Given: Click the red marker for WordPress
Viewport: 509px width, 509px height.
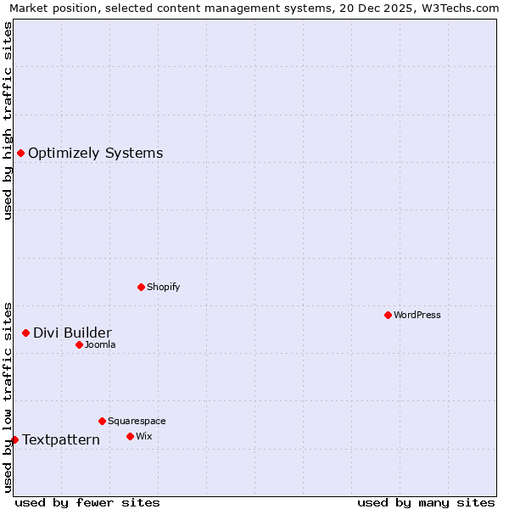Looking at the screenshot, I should [x=388, y=315].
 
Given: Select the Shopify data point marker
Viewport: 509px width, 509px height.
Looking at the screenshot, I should [x=141, y=287].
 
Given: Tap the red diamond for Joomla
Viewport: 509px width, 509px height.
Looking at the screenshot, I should [x=79, y=344].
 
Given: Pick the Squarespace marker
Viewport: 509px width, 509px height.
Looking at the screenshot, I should [x=102, y=421].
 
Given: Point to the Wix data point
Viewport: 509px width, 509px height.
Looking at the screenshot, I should [x=130, y=436].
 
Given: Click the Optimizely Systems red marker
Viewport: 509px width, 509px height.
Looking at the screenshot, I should [x=20, y=153].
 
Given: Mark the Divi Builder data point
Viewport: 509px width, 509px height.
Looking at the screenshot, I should [x=25, y=333].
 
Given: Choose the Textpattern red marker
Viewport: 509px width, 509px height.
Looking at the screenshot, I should [x=14, y=439].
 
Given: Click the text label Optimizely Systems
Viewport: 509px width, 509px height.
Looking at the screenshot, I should [x=95, y=154].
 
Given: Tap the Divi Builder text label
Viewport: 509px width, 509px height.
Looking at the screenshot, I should [x=72, y=333].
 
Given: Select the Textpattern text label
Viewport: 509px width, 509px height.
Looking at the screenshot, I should [x=61, y=439].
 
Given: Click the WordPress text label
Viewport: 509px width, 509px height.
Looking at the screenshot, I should [x=417, y=315].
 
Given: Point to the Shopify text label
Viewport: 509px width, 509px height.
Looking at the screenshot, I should [x=163, y=287].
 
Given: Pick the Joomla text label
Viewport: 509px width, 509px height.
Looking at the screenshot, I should [x=100, y=344].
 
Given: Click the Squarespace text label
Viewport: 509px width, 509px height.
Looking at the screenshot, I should [x=137, y=421].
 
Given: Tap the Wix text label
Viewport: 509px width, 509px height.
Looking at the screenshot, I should [x=143, y=436].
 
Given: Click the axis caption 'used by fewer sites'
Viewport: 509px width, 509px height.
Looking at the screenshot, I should [x=87, y=502].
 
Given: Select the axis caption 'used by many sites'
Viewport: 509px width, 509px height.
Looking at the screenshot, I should [x=426, y=502].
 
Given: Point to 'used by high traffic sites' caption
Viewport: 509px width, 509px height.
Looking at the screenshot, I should [x=8, y=120].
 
